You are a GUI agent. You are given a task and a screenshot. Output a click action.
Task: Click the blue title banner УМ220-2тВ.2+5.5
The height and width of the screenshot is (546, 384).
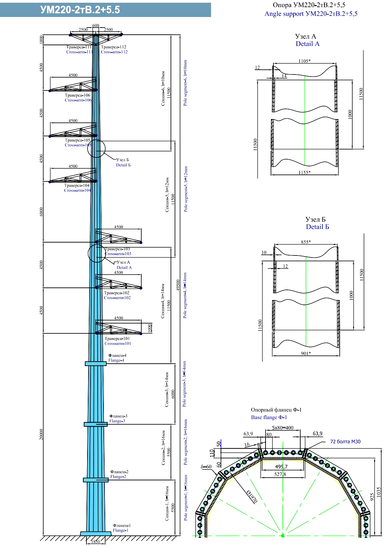point(105,10)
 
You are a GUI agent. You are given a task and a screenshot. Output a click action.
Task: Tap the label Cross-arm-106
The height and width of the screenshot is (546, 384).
point(78,100)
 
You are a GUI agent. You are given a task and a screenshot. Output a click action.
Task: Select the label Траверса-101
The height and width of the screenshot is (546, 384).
point(117,338)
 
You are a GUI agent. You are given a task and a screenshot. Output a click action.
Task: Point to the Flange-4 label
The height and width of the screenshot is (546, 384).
point(116,360)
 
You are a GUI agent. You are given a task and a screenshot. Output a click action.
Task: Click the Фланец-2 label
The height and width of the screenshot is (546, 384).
point(119,472)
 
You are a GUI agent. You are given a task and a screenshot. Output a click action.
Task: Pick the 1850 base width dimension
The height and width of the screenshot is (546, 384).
point(96,542)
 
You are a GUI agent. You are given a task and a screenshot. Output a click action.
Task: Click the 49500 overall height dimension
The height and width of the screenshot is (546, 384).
point(178,285)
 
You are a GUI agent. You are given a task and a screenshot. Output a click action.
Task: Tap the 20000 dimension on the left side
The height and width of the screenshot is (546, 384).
point(41,434)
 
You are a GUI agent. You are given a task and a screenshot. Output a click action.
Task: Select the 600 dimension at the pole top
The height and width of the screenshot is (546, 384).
point(96,26)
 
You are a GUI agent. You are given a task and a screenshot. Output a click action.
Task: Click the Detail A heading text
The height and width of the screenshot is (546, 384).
point(307,44)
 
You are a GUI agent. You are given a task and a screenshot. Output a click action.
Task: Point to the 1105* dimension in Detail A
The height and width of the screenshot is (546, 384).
point(304,61)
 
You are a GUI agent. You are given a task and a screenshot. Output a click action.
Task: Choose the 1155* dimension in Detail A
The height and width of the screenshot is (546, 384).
point(304,172)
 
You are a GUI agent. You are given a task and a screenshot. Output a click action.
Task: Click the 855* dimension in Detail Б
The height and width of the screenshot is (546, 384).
point(306,242)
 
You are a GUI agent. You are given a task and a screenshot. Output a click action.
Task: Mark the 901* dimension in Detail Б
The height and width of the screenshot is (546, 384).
point(306,353)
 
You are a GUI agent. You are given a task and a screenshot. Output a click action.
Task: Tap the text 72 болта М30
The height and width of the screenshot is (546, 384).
point(345,442)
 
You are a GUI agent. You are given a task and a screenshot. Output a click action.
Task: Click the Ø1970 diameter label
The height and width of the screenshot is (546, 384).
point(252,496)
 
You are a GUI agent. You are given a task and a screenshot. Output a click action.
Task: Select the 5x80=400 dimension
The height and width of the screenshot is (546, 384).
point(283,428)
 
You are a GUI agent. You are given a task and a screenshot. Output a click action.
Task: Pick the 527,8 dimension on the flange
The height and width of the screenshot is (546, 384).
point(280,474)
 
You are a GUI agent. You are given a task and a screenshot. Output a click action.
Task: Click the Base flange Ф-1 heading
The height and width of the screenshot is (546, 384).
point(269,417)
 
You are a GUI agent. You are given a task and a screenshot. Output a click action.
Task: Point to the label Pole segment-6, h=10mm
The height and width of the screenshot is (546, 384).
point(186,83)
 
